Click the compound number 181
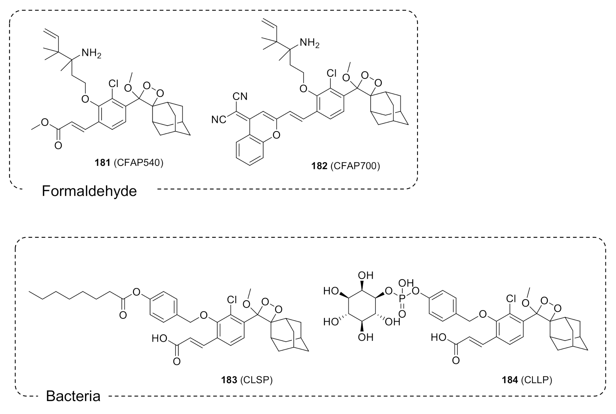tap(102, 163)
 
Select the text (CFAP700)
tap(355, 166)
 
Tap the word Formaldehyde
tap(89, 191)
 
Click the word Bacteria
tap(73, 396)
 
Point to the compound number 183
tap(229, 380)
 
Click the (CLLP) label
tap(536, 380)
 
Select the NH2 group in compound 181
tap(91, 53)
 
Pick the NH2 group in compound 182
tap(309, 43)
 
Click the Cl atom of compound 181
tap(113, 84)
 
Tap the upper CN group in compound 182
tap(240, 96)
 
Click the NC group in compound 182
tap(218, 120)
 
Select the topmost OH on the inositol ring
tap(366, 276)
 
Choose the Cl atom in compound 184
tap(511, 299)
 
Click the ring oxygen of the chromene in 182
tap(276, 135)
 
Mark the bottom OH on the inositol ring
tap(366, 337)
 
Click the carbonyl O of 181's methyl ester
tap(58, 145)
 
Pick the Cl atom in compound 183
tap(232, 300)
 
